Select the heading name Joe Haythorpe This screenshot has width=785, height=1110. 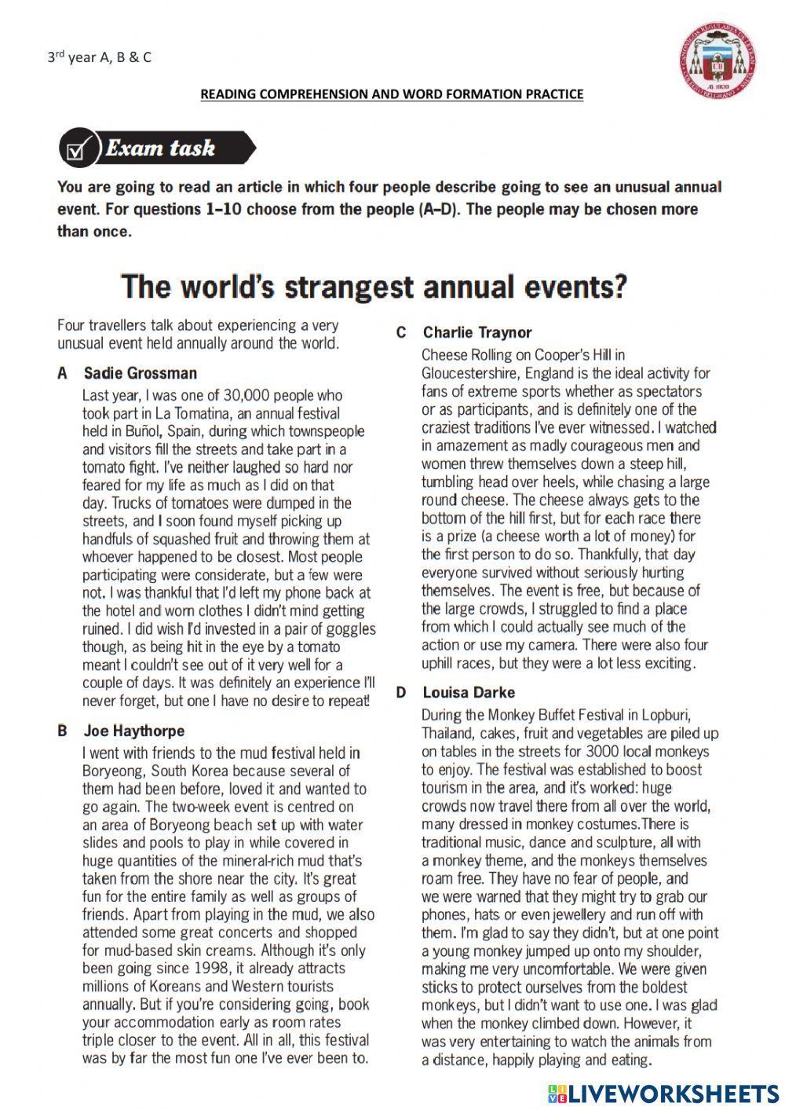pos(133,731)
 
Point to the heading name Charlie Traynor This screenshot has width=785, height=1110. pos(476,332)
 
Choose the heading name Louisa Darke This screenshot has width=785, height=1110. pos(469,692)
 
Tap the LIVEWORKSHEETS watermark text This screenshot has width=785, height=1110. pos(674,1093)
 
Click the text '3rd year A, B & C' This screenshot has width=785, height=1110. pos(99,57)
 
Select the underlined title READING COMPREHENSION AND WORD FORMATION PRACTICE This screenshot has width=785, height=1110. pos(392,94)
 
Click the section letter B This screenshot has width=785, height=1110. pos(62,731)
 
